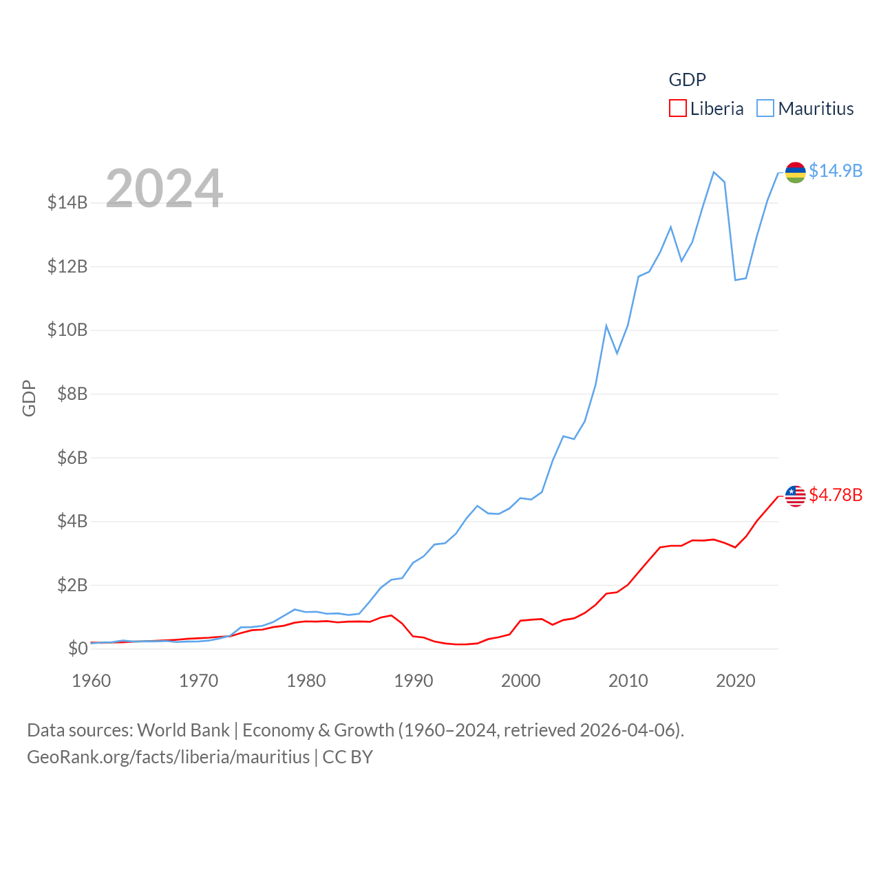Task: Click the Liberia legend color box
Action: click(678, 109)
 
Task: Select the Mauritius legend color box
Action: click(765, 109)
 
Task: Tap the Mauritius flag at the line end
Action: click(796, 172)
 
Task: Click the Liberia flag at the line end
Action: click(796, 496)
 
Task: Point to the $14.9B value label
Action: click(836, 171)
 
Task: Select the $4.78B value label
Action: click(836, 495)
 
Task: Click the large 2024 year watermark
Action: click(164, 188)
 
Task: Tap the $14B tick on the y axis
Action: click(67, 202)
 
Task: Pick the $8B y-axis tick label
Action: click(67, 394)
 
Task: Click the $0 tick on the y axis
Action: click(78, 648)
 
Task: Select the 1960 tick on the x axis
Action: click(92, 681)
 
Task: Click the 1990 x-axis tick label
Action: click(414, 681)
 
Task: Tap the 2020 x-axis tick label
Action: click(736, 681)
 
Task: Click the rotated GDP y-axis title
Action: click(29, 398)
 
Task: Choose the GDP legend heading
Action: click(687, 80)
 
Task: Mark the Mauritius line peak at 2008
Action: click(606, 326)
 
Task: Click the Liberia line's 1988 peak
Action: click(391, 615)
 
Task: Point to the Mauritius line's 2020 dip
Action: click(735, 279)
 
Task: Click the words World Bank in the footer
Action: click(184, 730)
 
